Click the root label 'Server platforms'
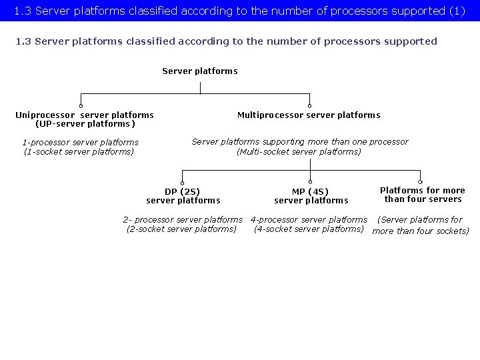(x=199, y=71)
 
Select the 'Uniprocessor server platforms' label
(x=85, y=115)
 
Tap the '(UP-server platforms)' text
(x=85, y=124)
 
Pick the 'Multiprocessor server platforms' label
(x=309, y=115)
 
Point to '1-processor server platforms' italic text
(x=80, y=142)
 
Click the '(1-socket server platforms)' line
(x=79, y=151)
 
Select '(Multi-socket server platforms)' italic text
(x=299, y=151)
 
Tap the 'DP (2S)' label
(x=183, y=191)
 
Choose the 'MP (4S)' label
(x=311, y=191)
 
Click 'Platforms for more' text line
(x=423, y=190)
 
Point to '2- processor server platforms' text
(x=183, y=219)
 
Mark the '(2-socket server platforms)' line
(x=181, y=229)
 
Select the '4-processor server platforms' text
(x=309, y=219)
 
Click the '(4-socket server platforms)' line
(x=309, y=229)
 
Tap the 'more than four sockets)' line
(x=421, y=231)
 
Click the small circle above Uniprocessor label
(x=81, y=105)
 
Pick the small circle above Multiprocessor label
(x=309, y=105)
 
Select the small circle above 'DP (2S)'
(x=183, y=181)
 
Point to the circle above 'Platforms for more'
(x=420, y=181)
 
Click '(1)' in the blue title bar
(x=457, y=11)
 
